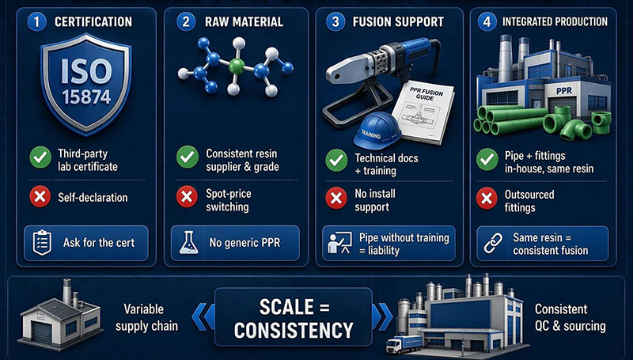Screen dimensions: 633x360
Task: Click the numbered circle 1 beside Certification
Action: [36, 21]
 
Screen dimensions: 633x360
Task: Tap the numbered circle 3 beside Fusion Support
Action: [335, 21]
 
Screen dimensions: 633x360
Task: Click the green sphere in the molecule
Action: [236, 66]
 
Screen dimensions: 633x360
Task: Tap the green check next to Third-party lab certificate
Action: [40, 157]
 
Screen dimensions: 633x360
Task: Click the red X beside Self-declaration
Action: [40, 197]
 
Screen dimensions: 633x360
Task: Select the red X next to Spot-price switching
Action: [187, 197]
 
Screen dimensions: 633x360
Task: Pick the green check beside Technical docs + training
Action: [336, 161]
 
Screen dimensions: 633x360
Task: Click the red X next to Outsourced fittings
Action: [487, 198]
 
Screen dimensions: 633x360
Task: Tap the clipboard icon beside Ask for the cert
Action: [42, 243]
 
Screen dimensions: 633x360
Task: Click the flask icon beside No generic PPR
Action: [187, 243]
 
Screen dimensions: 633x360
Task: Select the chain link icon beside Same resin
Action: [493, 244]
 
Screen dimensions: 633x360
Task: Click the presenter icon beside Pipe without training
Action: [339, 243]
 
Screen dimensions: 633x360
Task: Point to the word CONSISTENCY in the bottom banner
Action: [294, 331]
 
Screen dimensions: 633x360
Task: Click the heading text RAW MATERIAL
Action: [244, 21]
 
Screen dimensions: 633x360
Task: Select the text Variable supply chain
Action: [146, 317]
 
